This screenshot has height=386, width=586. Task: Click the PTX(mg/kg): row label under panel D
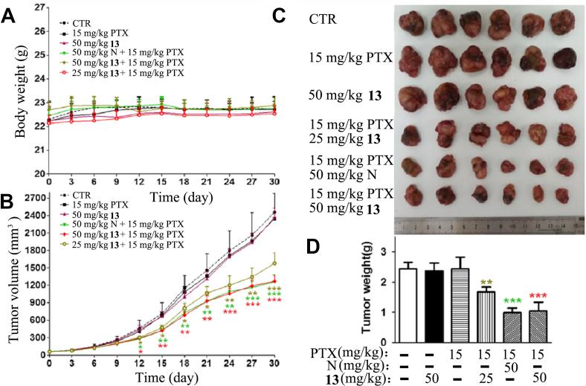pyautogui.click(x=361, y=352)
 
